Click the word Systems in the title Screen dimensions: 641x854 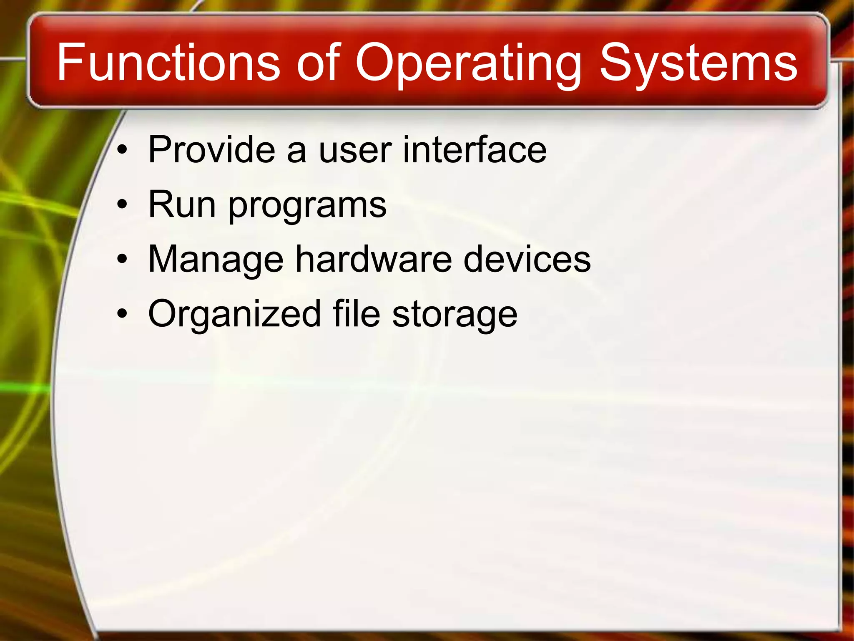coord(698,65)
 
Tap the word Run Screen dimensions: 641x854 coord(182,204)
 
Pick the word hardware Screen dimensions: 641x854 coord(374,259)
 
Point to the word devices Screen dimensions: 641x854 coord(527,259)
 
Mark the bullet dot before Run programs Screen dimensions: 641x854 coord(122,205)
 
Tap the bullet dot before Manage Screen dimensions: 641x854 coord(122,260)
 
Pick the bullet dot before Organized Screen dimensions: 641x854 coord(122,314)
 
